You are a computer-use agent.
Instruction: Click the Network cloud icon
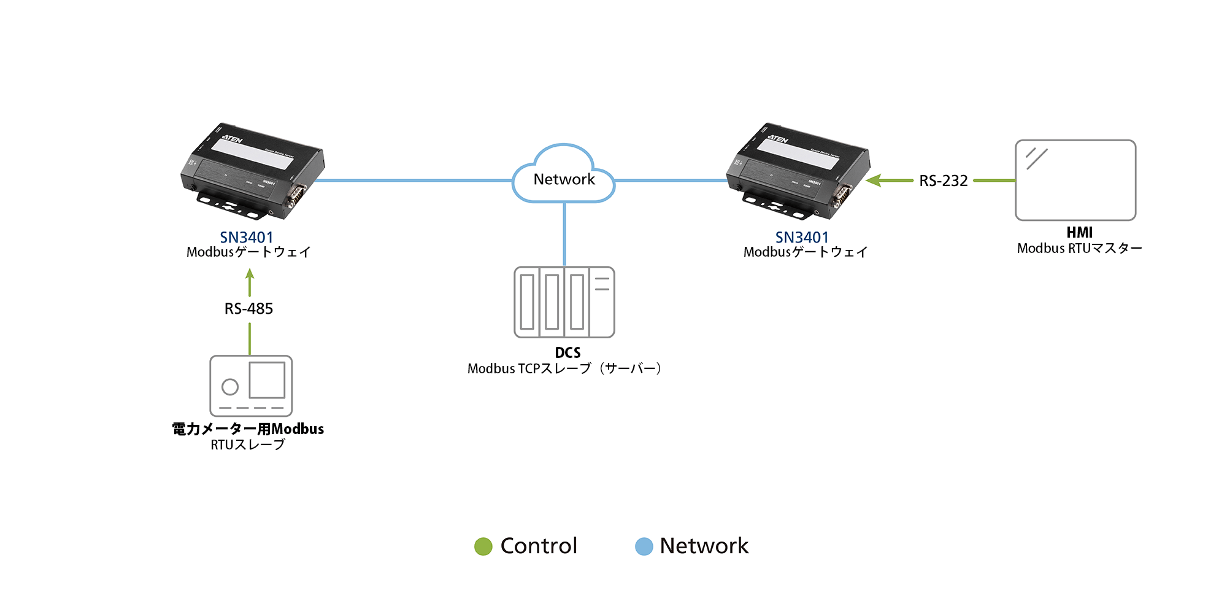coord(563,175)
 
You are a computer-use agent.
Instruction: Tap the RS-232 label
coord(943,181)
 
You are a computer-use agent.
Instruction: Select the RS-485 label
coord(248,309)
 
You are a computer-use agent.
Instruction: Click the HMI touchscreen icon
coord(1075,180)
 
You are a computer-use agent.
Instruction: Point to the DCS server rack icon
coord(564,302)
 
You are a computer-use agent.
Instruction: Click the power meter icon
coord(251,386)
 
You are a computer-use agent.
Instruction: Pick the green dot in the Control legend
coord(483,546)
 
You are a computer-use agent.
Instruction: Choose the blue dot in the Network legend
coord(644,546)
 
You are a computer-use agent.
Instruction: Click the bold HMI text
coord(1079,233)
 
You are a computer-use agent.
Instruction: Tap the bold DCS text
coord(567,353)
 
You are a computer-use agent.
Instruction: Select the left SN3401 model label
coord(247,238)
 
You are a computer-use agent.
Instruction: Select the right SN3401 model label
coord(802,238)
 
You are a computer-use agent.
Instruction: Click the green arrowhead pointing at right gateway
coord(874,181)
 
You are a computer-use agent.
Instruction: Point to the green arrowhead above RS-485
coord(250,274)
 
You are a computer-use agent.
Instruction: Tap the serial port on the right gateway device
coord(842,196)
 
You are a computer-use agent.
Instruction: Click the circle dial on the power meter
coord(230,387)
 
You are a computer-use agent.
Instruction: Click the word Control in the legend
coord(539,546)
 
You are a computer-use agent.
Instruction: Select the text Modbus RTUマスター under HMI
coord(1079,249)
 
